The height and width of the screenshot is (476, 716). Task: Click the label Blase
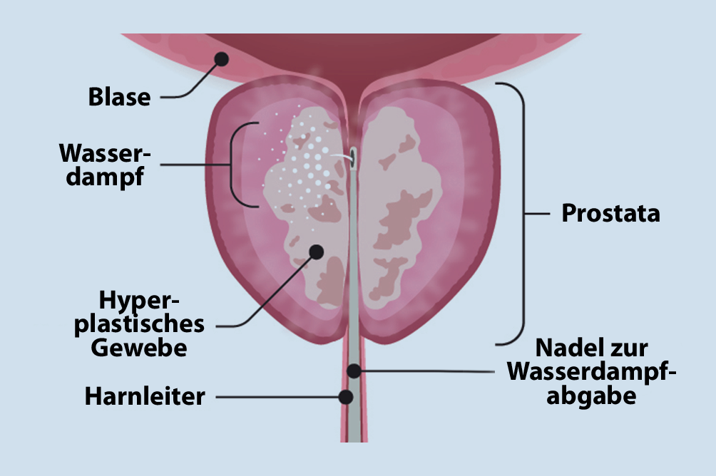[x=119, y=97]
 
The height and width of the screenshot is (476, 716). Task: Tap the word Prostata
[x=610, y=213]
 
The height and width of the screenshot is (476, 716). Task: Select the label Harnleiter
[x=145, y=397]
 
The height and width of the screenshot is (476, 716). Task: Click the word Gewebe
[x=145, y=349]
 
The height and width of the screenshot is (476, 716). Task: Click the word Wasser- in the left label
[x=106, y=152]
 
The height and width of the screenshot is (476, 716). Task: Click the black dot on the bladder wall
[x=222, y=59]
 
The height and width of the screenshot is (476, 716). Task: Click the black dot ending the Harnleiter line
[x=347, y=397]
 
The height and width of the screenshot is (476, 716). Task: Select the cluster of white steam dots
[x=307, y=167]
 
